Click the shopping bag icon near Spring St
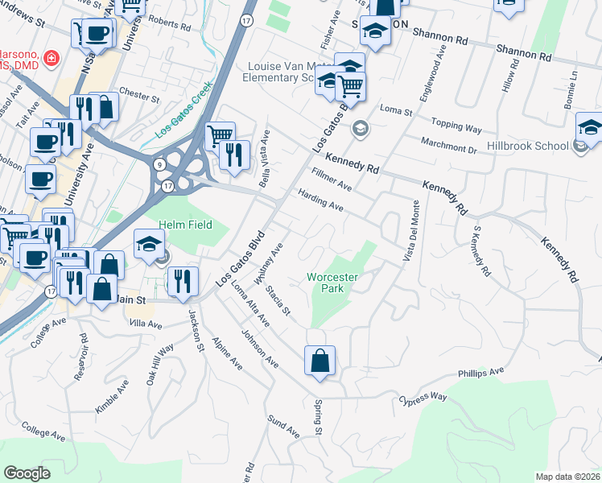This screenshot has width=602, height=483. tap(320, 361)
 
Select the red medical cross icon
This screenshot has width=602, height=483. tap(51, 58)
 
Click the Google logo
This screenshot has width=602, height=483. tap(27, 473)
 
